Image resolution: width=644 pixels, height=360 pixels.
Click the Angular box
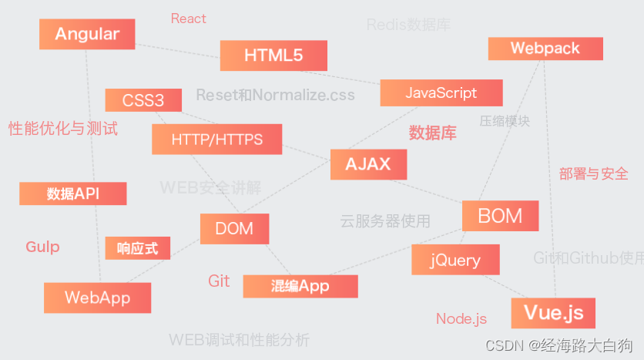pos(87,34)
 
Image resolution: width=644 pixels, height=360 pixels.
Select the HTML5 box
pos(273,56)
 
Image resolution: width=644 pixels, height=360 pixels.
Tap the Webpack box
pos(545,49)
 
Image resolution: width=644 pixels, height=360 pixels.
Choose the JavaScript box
pos(441,93)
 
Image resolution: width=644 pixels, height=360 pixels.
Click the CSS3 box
pos(143,100)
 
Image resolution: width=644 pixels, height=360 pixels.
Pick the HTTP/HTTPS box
pos(217,140)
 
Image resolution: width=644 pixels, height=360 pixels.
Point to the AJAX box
pos(368,164)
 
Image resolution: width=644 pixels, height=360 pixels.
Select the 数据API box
pos(72,193)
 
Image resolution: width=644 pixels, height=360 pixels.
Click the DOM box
pos(234,229)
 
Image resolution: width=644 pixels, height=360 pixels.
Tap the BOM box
pos(500,216)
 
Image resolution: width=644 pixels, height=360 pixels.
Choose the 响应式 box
pos(138,248)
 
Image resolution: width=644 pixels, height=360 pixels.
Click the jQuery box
pos(455,260)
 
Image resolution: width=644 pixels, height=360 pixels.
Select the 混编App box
pos(300,287)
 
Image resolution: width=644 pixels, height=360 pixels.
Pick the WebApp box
pos(97,298)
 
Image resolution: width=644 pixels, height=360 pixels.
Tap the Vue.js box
pos(553,313)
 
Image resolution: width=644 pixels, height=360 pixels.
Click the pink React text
pos(189,19)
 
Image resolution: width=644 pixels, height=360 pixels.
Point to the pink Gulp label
pos(42,247)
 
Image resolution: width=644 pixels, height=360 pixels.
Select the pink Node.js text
pos(461,319)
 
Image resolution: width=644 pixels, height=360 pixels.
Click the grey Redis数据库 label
pos(408,25)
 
